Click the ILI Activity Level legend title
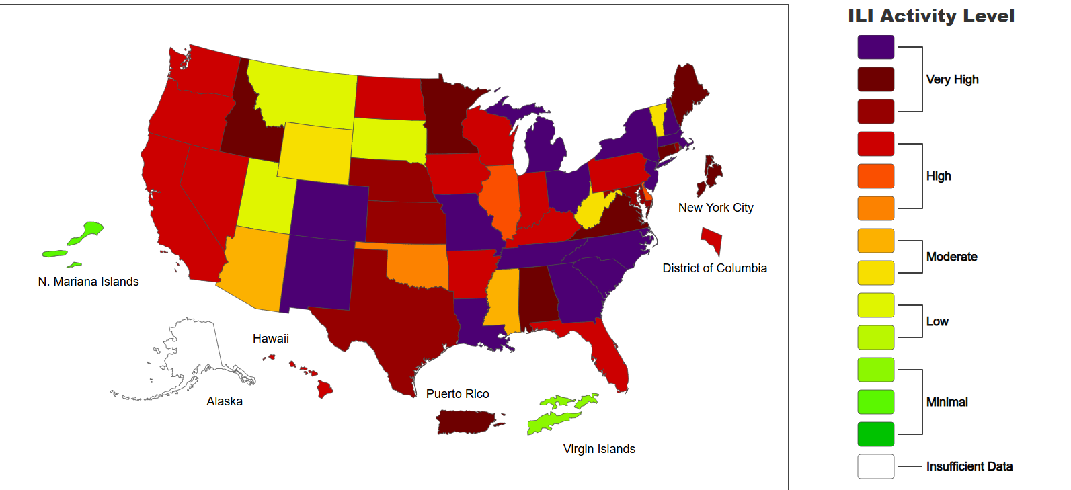(x=931, y=16)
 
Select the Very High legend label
(x=952, y=79)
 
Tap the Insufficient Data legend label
(x=969, y=466)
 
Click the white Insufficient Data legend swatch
(x=875, y=466)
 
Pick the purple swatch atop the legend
(x=875, y=47)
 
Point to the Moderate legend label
(x=951, y=257)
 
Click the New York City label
(x=715, y=208)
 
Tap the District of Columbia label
(x=714, y=268)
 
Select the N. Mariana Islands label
(x=88, y=282)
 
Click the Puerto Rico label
(x=457, y=394)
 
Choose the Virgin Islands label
(x=599, y=449)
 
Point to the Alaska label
(x=224, y=401)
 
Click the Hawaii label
(x=270, y=339)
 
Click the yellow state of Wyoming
(x=315, y=153)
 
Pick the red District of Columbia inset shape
(x=712, y=239)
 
